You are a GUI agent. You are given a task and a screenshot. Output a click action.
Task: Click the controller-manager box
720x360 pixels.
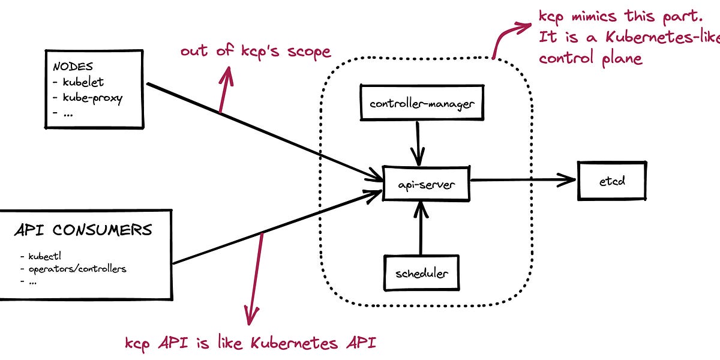pos(422,103)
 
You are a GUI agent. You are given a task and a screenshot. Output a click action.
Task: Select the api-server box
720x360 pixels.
pos(426,184)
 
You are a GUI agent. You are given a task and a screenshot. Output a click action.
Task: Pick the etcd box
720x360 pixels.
pos(612,180)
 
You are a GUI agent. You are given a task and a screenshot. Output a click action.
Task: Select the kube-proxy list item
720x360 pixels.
pos(92,98)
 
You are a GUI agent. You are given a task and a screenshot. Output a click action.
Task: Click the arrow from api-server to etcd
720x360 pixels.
pos(522,179)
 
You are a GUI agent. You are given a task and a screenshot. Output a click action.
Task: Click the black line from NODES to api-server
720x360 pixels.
pos(258,129)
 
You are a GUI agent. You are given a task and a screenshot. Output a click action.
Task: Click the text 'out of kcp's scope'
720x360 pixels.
pos(256,51)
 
